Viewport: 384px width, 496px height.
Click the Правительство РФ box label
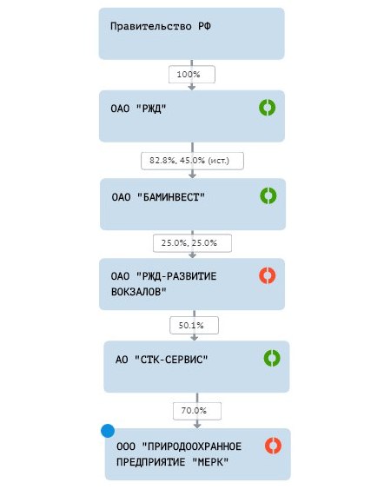pyautogui.click(x=161, y=26)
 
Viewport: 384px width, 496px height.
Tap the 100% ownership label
pyautogui.click(x=189, y=75)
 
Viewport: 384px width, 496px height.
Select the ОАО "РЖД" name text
pyautogui.click(x=138, y=109)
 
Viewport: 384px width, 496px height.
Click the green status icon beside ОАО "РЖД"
pyautogui.click(x=268, y=108)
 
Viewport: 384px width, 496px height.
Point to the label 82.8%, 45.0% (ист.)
pyautogui.click(x=189, y=161)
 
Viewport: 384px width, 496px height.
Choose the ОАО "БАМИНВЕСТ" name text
pyautogui.click(x=158, y=197)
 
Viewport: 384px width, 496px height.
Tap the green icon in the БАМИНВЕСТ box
pyautogui.click(x=268, y=195)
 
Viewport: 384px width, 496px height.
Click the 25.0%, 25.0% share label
pyautogui.click(x=189, y=243)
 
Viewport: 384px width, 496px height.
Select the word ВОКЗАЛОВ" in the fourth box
pyautogui.click(x=138, y=291)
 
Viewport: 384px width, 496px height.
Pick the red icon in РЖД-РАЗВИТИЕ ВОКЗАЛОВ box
pyautogui.click(x=268, y=275)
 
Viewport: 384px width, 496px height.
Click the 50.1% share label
pyautogui.click(x=191, y=325)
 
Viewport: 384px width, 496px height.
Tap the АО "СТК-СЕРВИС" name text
pyautogui.click(x=162, y=360)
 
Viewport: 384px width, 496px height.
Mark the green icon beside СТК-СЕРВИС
pyautogui.click(x=272, y=358)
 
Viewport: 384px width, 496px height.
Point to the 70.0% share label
pyautogui.click(x=194, y=411)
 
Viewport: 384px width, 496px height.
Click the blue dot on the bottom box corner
pyautogui.click(x=108, y=431)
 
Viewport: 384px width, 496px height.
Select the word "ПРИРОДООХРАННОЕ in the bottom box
pyautogui.click(x=192, y=446)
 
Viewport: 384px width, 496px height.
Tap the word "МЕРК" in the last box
pyautogui.click(x=210, y=462)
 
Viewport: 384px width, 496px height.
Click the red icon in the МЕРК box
pyautogui.click(x=274, y=446)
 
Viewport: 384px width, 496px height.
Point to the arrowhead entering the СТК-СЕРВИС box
pyautogui.click(x=195, y=338)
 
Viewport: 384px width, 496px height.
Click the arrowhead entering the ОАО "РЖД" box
pyautogui.click(x=192, y=88)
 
